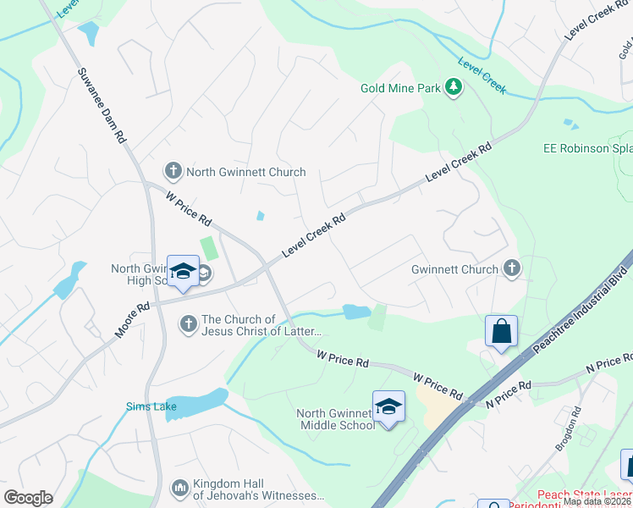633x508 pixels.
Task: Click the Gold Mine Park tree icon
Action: [x=454, y=87]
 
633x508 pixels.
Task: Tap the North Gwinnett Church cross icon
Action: [x=173, y=172]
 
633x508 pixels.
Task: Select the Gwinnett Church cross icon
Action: [x=511, y=268]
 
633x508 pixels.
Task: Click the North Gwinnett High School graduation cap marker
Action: [x=182, y=272]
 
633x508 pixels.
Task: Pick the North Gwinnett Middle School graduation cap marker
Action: [x=388, y=407]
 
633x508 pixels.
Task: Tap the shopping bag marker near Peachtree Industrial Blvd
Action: [x=501, y=331]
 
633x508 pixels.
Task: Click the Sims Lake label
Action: [x=151, y=406]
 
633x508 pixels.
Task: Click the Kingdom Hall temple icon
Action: [x=179, y=489]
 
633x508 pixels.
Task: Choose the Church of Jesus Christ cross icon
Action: [x=188, y=323]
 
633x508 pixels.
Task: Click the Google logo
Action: [x=28, y=498]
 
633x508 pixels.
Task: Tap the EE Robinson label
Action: [x=587, y=148]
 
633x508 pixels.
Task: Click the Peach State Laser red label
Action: [x=584, y=494]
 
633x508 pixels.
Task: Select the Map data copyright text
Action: [x=597, y=501]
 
